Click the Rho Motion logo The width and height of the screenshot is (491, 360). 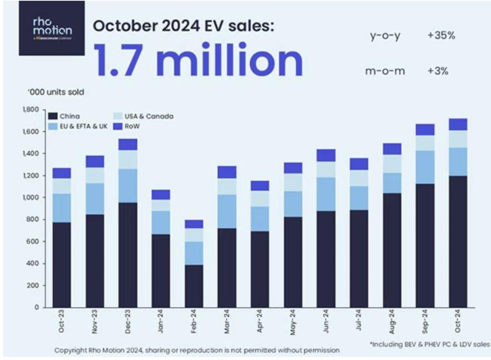pos(52,28)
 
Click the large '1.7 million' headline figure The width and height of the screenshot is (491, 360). pos(198,62)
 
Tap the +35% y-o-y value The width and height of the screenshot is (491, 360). pos(441,36)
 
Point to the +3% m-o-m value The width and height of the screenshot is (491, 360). pos(438,71)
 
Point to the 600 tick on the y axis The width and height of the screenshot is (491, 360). pos(34,241)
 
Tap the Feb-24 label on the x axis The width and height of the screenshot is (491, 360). pos(194,322)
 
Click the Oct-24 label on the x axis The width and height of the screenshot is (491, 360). pos(458,322)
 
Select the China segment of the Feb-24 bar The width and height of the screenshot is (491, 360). pos(194,286)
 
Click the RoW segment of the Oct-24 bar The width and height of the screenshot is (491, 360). pos(458,125)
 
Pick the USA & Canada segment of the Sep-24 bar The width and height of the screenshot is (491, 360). pos(425,143)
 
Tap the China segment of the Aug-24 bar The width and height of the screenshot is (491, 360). pos(392,250)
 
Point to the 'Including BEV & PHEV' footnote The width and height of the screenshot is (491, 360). pos(430,345)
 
